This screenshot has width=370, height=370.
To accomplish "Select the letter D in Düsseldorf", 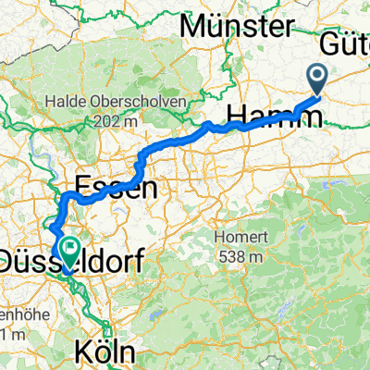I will click(12, 263).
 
